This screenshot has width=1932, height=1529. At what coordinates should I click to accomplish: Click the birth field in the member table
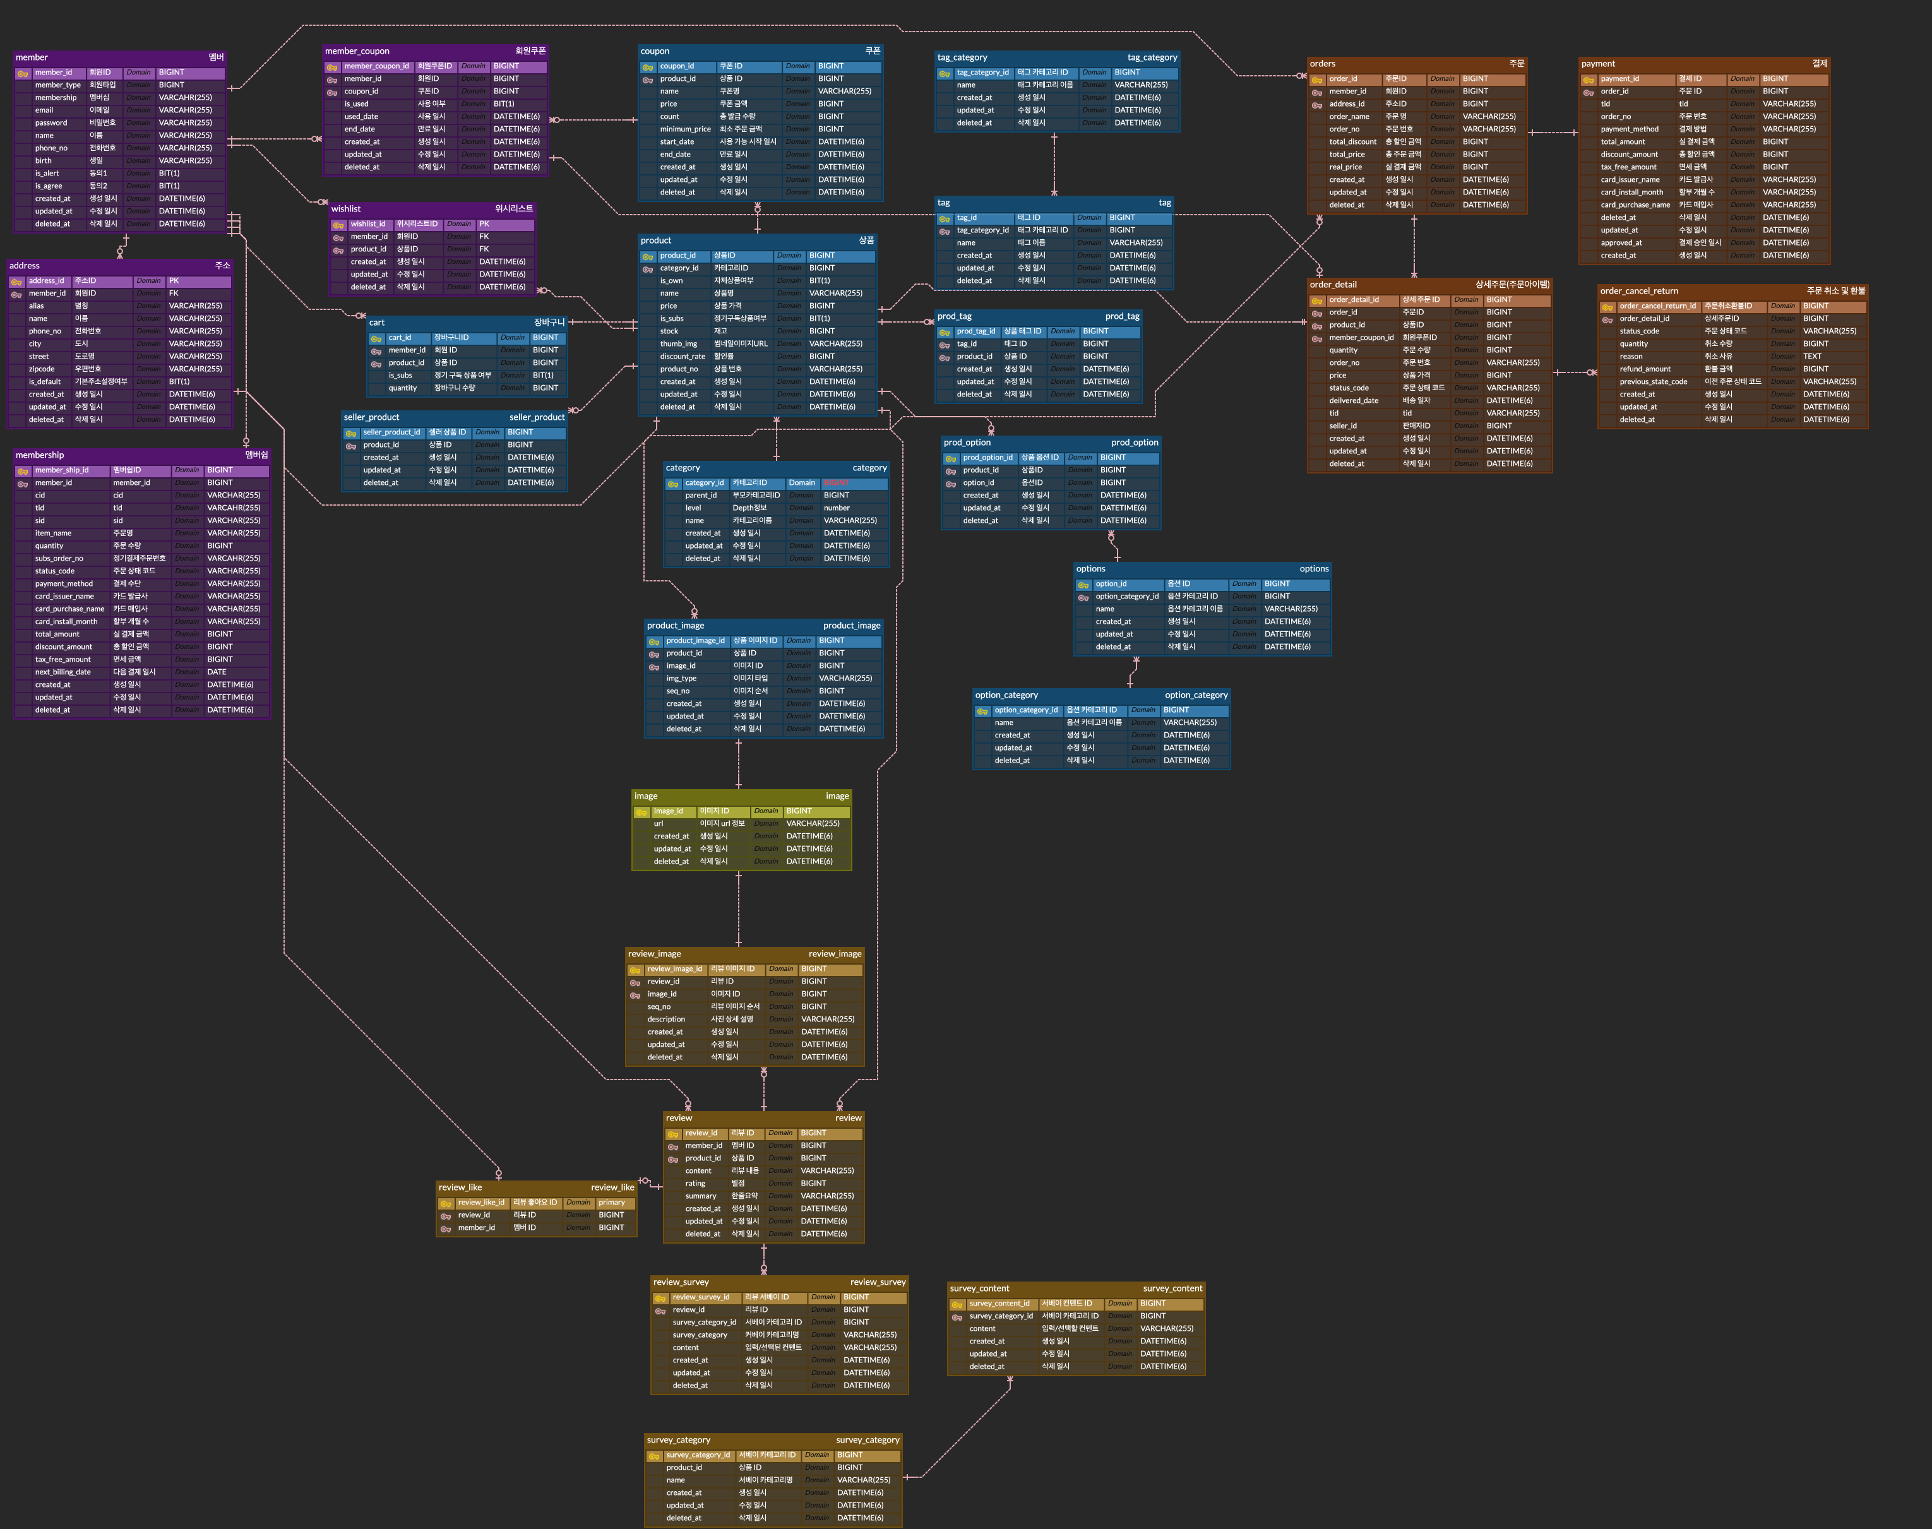tap(44, 161)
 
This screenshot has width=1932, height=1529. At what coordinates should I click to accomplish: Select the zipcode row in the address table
tap(42, 369)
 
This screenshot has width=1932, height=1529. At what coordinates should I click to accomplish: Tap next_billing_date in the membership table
tap(63, 672)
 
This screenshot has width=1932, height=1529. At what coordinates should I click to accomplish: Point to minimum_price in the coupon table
tap(685, 129)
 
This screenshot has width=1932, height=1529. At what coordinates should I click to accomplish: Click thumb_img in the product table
tap(679, 344)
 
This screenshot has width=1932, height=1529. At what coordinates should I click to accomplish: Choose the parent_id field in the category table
tap(701, 495)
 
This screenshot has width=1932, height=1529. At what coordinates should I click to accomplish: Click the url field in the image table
tap(659, 824)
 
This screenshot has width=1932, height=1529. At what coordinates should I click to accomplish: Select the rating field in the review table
tap(696, 1184)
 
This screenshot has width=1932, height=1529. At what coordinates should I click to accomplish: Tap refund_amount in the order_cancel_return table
tap(1645, 369)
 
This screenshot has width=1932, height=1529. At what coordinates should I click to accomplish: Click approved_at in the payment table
tap(1621, 242)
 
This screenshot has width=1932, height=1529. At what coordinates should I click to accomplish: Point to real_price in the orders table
tap(1345, 167)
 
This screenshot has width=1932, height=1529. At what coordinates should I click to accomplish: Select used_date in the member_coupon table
tap(362, 116)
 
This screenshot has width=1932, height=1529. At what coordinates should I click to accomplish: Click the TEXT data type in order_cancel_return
tap(1812, 356)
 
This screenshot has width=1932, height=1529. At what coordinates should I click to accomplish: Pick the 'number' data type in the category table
tap(837, 508)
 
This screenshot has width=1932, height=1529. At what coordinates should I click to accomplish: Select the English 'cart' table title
tap(377, 322)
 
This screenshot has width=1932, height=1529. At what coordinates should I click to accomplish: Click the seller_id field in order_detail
tap(1343, 426)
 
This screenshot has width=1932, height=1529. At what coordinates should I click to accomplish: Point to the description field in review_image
tap(666, 1019)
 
